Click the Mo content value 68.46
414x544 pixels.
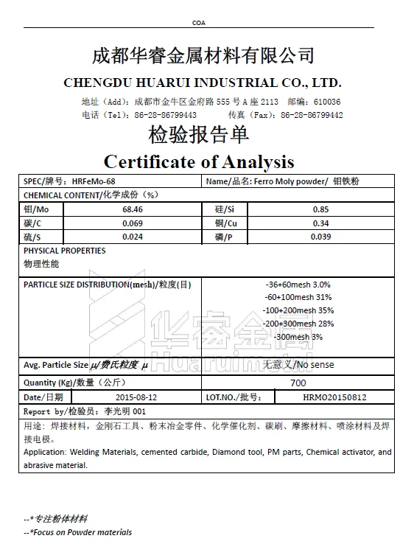[133, 209]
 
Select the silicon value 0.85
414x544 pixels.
[320, 209]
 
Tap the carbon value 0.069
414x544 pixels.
[133, 223]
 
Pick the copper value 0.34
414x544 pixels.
[320, 223]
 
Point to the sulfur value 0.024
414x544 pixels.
[133, 237]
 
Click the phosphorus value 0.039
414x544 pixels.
[320, 237]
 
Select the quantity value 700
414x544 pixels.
[298, 383]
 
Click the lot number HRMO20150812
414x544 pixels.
[334, 397]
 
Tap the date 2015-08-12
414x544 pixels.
[133, 397]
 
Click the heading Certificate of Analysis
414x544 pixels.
[199, 161]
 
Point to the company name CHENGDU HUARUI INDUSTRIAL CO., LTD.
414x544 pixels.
[203, 82]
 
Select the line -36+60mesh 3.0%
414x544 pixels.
[298, 284]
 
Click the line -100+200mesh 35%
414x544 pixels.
[298, 310]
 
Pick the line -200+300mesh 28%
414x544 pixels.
[298, 324]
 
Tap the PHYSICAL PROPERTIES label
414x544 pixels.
[65, 251]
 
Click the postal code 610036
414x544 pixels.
[326, 102]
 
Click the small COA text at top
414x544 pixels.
[199, 23]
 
